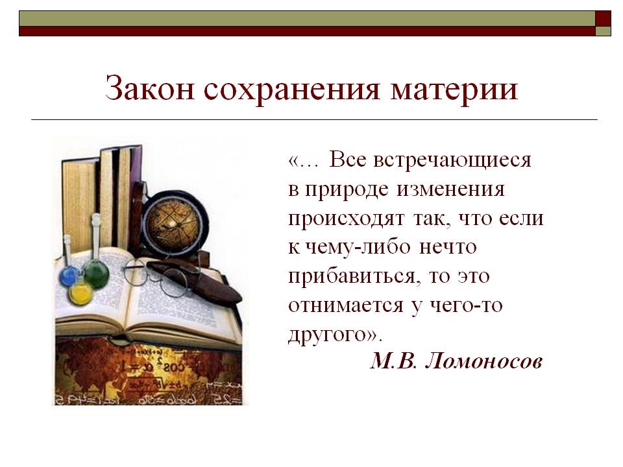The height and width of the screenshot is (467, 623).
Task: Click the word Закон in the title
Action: pyautogui.click(x=150, y=89)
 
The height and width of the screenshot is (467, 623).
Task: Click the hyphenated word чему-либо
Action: pyautogui.click(x=358, y=248)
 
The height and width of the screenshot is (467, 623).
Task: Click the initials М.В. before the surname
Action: pyautogui.click(x=394, y=361)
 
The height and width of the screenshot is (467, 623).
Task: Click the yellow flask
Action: pyautogui.click(x=80, y=292)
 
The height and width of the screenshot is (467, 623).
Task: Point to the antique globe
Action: pyautogui.click(x=175, y=223)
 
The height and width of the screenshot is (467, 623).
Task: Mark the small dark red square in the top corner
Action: pyautogui.click(x=603, y=18)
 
